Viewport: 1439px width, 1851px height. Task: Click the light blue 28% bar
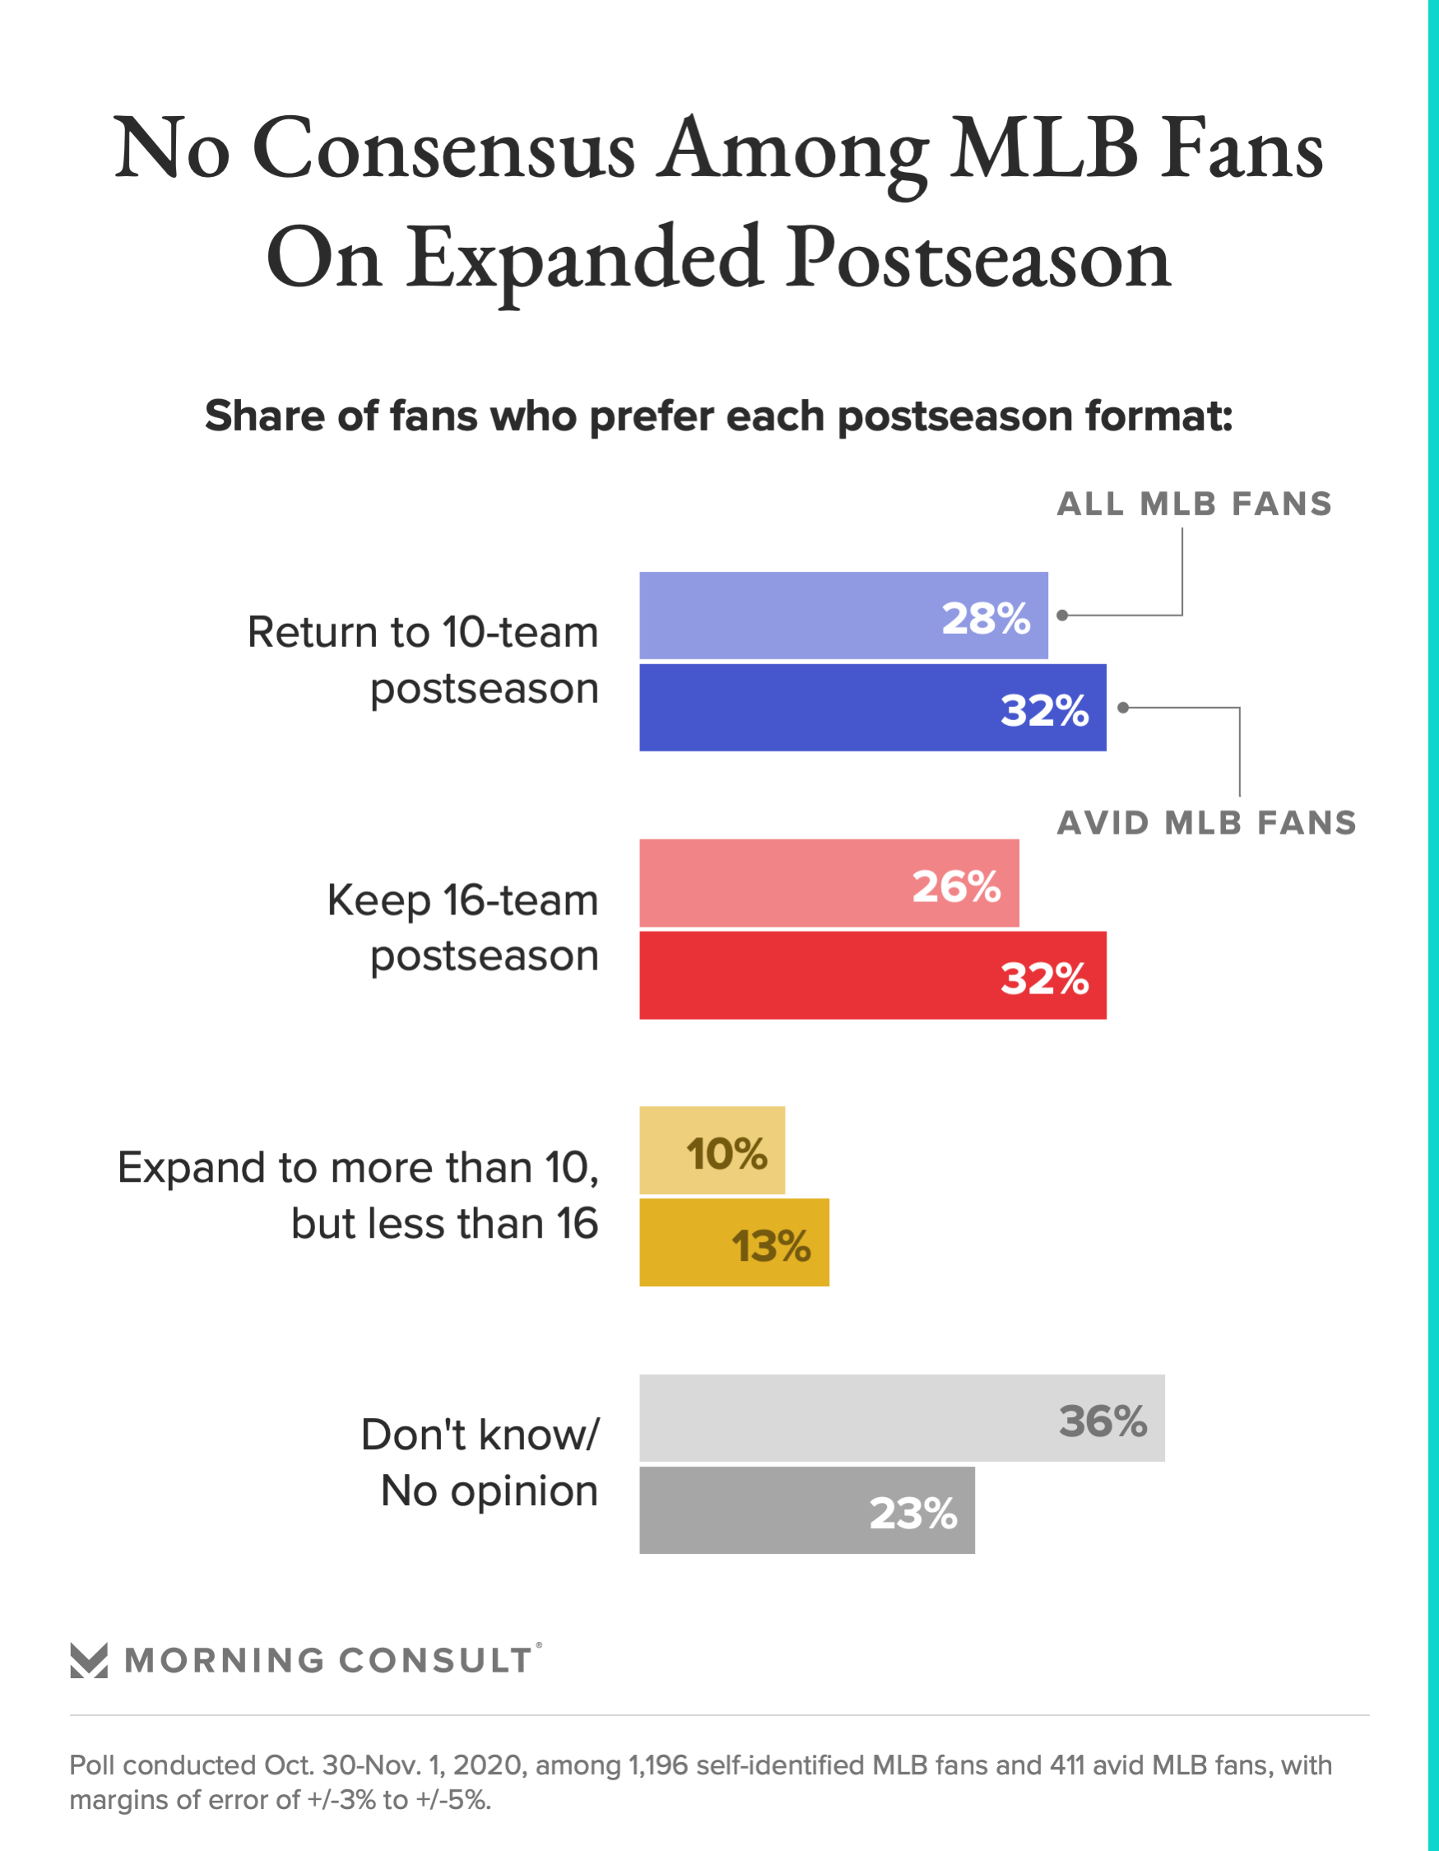[x=843, y=616]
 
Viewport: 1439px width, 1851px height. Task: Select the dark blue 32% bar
[x=872, y=708]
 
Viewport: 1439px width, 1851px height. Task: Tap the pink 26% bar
[x=829, y=883]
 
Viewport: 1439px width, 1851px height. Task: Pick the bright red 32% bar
[x=872, y=974]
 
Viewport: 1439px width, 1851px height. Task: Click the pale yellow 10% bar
[x=712, y=1150]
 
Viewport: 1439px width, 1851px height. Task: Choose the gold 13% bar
[x=734, y=1243]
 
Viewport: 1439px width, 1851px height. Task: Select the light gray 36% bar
[x=902, y=1418]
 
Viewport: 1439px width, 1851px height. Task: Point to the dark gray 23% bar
[x=807, y=1510]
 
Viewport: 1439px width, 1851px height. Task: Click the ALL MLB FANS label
[x=1194, y=505]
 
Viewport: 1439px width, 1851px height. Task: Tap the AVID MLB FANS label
[x=1207, y=823]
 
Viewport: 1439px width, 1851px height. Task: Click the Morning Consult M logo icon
[x=89, y=1660]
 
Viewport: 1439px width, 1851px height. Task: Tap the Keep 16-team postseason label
[x=462, y=928]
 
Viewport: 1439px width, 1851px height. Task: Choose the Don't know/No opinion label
[x=480, y=1463]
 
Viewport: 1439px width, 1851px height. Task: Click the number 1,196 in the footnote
[x=657, y=1765]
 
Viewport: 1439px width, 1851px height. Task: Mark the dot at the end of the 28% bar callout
[x=1062, y=616]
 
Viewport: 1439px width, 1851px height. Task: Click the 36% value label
[x=1102, y=1421]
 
